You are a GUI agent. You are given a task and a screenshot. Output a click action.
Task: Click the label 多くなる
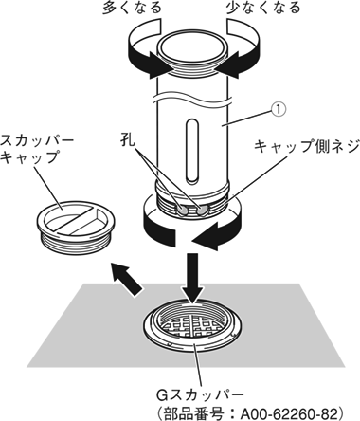click(132, 8)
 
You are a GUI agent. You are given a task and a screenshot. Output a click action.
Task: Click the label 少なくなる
click(263, 8)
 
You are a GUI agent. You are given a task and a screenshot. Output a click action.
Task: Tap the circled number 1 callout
click(279, 109)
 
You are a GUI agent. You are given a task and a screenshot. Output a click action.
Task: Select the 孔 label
click(128, 140)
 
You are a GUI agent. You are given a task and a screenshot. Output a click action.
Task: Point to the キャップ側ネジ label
click(307, 146)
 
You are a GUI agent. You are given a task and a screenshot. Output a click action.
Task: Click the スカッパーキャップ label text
click(36, 149)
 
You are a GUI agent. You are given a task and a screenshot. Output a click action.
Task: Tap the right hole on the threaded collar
click(202, 210)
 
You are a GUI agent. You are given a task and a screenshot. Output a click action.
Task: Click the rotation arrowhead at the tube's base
click(206, 236)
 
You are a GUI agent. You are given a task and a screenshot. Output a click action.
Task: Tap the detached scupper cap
click(76, 224)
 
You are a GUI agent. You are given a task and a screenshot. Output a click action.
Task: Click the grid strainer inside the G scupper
click(192, 329)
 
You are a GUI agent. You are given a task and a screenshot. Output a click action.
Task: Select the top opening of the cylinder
click(192, 46)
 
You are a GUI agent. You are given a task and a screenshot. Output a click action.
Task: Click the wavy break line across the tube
click(192, 98)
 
